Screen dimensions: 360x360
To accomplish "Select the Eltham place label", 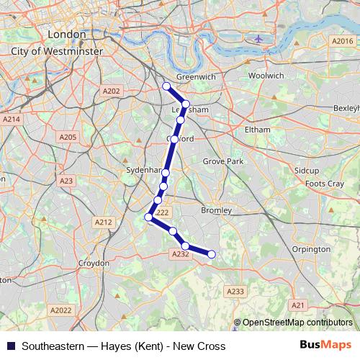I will coord(257,129).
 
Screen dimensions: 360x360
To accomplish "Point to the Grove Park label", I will coord(219,161).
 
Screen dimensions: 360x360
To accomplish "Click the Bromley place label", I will coord(216,210).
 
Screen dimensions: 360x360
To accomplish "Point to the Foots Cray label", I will coord(325,184).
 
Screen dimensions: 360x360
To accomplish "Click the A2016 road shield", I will coord(342,42).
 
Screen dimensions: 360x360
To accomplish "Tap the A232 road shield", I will coord(180,253).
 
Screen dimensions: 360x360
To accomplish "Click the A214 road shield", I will coord(12,119).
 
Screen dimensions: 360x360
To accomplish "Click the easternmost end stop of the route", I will coord(212,253).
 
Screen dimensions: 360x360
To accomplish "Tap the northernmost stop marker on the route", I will coord(166,86).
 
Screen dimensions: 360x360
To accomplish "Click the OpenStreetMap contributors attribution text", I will coord(297,323).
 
